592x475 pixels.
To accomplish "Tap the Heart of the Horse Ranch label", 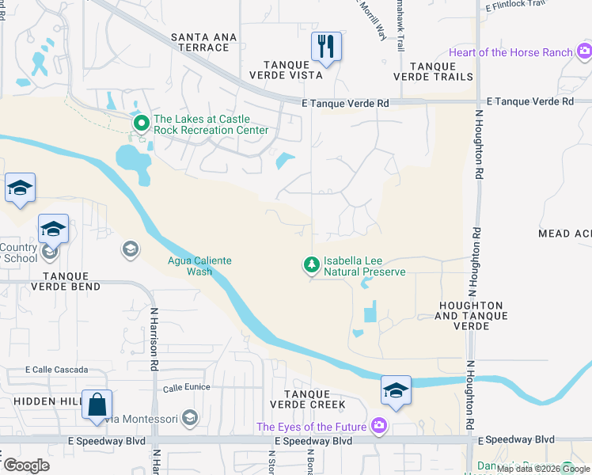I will tap(511, 52).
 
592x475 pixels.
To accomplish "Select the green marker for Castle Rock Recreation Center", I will tap(142, 123).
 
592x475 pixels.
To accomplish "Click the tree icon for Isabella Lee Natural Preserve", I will tap(312, 264).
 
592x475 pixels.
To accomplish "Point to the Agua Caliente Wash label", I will tap(189, 265).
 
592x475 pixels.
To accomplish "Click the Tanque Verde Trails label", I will tap(433, 71).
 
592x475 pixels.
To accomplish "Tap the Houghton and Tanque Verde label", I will tap(469, 310).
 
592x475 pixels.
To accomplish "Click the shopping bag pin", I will tap(97, 405).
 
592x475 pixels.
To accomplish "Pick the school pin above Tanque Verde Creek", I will tap(396, 390).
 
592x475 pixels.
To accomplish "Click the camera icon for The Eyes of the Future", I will tap(379, 427).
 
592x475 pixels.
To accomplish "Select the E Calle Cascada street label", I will tap(57, 370).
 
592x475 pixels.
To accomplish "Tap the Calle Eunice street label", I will tap(187, 387).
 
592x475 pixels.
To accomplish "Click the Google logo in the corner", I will tap(27, 465).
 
